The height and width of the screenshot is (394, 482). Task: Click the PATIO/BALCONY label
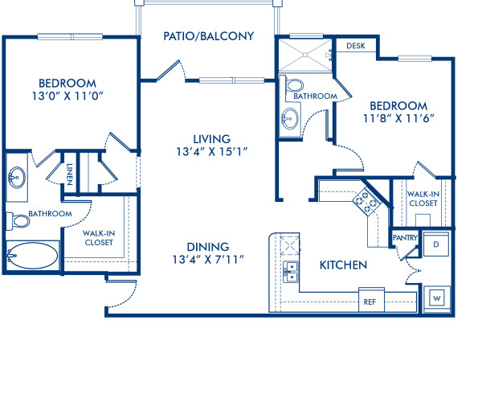pos(208,36)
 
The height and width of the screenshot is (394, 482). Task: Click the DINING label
pos(209,246)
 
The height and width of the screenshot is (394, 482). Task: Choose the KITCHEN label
pos(343,265)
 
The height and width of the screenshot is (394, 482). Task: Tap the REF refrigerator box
pos(370,302)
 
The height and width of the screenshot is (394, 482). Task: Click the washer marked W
pos(437,298)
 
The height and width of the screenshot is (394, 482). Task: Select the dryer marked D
pos(435,244)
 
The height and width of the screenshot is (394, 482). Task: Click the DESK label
pos(355,46)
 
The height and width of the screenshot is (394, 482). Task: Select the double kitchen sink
pos(291,272)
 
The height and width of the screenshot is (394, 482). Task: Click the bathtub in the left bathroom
pos(32,257)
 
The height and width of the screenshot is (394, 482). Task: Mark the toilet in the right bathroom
pos(295,85)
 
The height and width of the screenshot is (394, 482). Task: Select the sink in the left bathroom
pos(17,178)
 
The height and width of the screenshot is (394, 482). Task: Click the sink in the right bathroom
pos(290,120)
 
